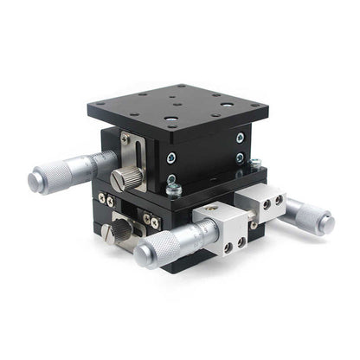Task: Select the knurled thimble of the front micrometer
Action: tap(157, 249)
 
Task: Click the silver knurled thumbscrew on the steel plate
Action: tap(126, 179)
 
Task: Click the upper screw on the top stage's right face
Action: tap(240, 138)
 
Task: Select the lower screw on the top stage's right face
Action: tap(240, 158)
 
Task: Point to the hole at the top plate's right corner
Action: tap(257, 107)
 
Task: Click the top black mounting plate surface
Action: tap(177, 108)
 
